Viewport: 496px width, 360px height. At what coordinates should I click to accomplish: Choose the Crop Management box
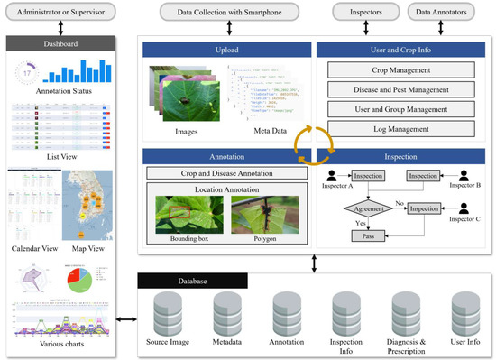tap(400, 69)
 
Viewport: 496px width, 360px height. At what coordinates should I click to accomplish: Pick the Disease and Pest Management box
tap(400, 89)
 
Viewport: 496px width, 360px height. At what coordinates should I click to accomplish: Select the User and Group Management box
tap(400, 109)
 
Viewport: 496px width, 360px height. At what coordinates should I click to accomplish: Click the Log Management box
tap(400, 129)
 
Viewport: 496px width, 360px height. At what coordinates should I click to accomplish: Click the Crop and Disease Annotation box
tap(223, 172)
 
